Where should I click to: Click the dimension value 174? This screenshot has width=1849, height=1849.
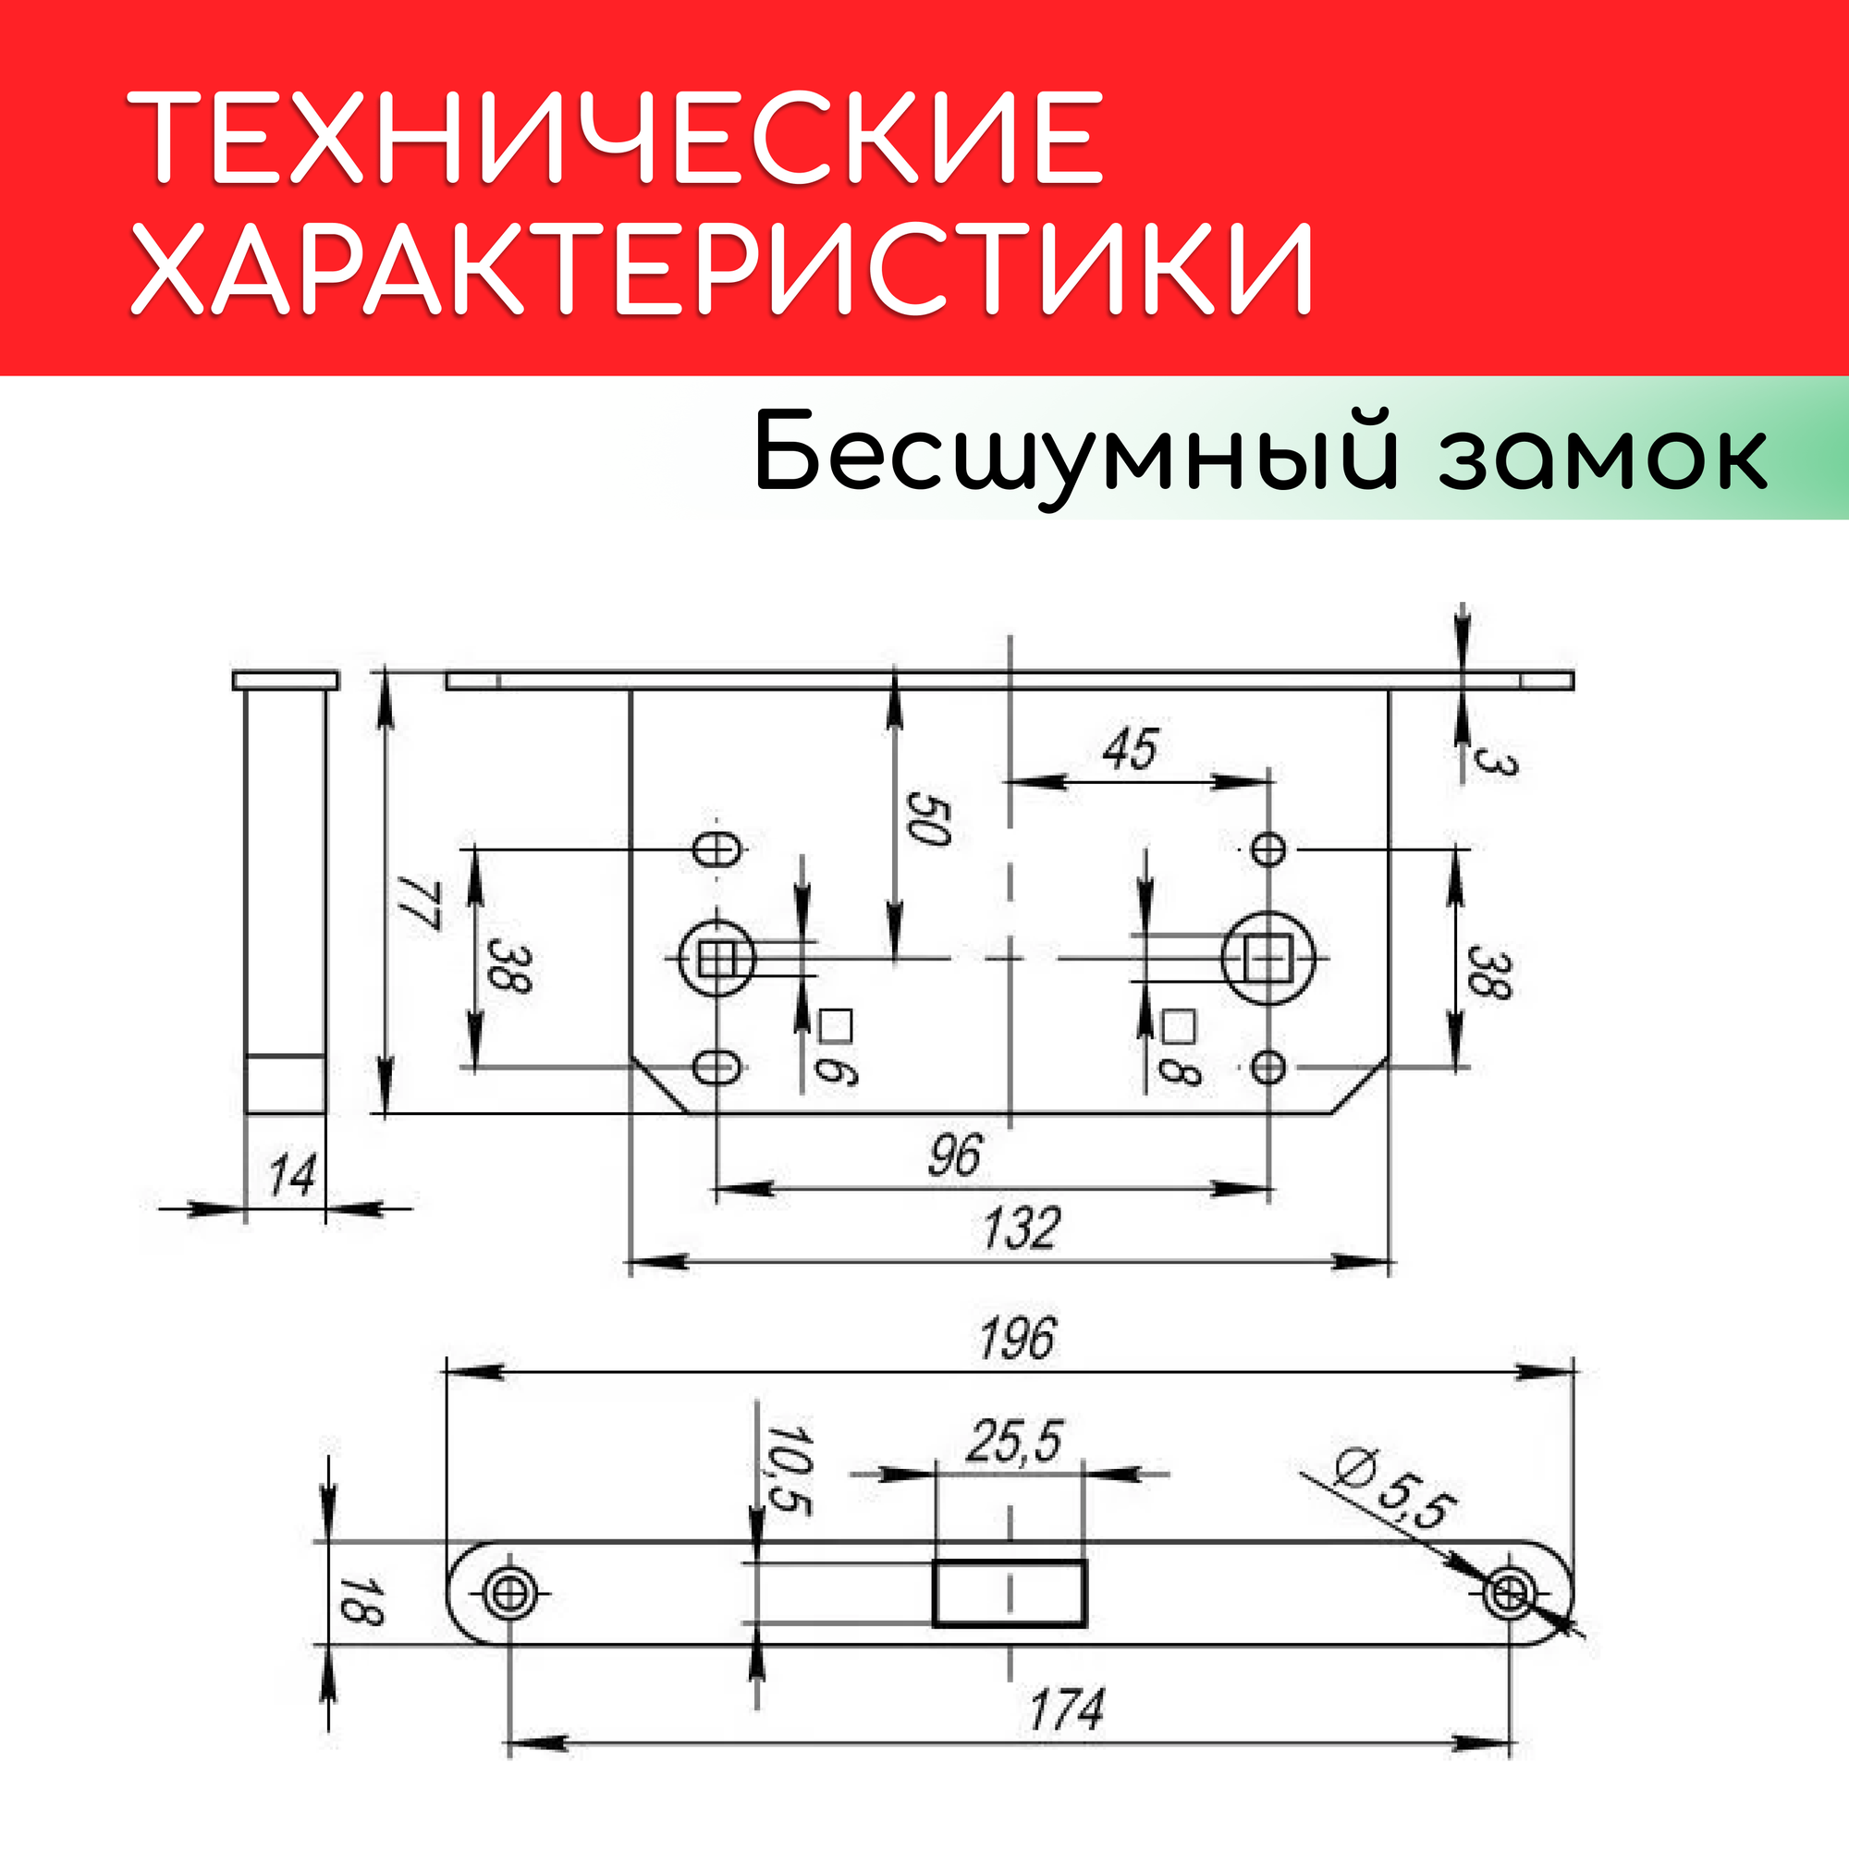coord(1066,1709)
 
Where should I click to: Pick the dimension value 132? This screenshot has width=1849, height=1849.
coord(1022,1228)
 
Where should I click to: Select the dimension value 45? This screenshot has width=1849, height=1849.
coord(1131,749)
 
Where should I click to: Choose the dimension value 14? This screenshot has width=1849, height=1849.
coord(291,1175)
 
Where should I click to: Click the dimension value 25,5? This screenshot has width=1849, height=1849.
coord(1013,1441)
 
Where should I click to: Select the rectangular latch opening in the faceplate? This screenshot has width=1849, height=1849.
coord(1009,1593)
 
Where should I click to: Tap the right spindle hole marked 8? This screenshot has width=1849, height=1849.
coord(1268,958)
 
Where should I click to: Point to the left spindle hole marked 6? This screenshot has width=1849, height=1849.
coord(714,958)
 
